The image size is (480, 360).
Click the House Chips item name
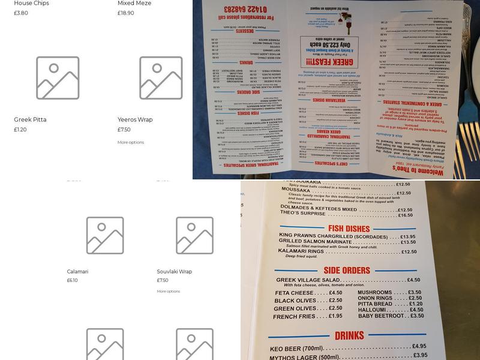pos(32,4)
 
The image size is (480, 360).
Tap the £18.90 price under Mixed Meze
pos(126,13)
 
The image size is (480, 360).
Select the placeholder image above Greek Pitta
pos(58,78)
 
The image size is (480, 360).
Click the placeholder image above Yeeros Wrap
pos(161,78)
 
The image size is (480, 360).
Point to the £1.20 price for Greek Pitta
pos(20,130)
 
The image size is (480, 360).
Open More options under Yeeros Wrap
pos(131,142)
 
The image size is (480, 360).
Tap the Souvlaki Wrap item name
pos(175,272)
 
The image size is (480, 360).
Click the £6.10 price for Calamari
pos(72,280)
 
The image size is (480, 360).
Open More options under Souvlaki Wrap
pos(169,292)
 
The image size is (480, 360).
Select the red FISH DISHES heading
pos(349,228)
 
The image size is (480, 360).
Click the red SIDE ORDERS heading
pos(347,270)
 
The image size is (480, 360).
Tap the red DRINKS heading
pos(349,335)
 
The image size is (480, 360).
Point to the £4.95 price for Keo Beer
pos(419,346)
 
